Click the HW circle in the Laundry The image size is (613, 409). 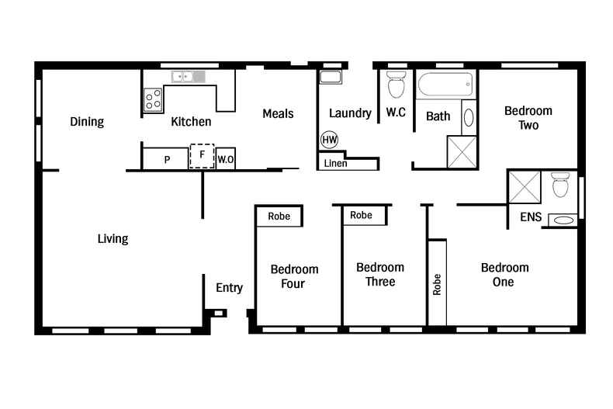click(329, 140)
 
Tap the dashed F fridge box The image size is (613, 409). click(202, 155)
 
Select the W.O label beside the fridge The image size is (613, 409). click(226, 159)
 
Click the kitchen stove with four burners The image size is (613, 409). click(153, 99)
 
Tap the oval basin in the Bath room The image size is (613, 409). click(469, 118)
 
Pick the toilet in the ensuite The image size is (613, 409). click(560, 185)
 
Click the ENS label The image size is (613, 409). click(531, 217)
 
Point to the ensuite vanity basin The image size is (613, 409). click(563, 220)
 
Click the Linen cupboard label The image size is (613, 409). click(335, 164)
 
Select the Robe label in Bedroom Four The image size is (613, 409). click(279, 216)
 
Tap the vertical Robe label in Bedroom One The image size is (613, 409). click(437, 285)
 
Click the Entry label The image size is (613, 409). click(229, 288)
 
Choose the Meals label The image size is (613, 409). click(278, 114)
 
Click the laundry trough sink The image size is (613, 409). click(331, 77)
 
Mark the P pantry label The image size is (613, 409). click(167, 160)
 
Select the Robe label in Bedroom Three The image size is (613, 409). click(361, 215)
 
